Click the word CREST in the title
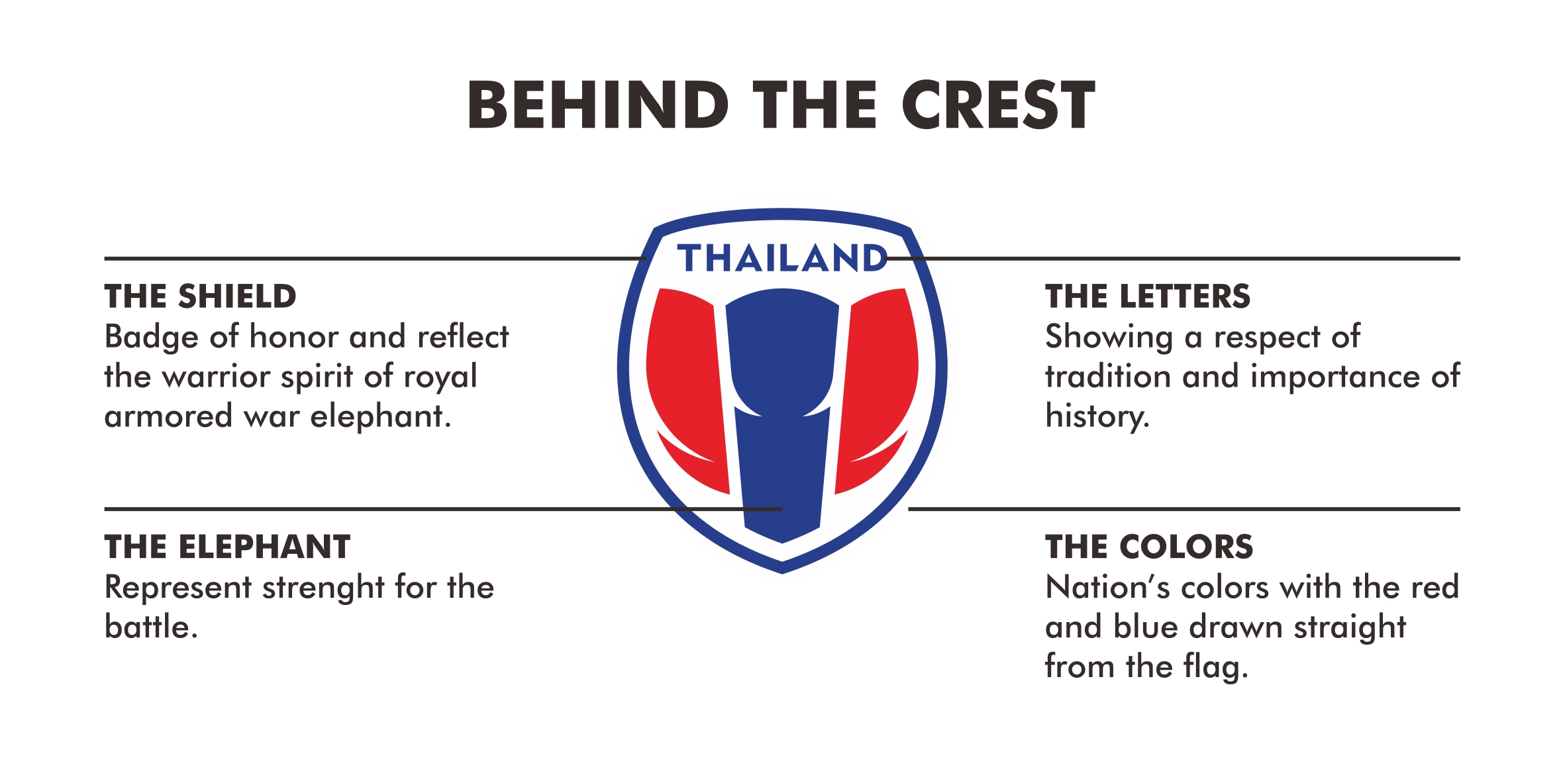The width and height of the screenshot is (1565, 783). tap(998, 105)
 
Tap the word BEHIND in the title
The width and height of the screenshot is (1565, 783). tap(598, 105)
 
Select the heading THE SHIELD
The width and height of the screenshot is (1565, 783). tap(200, 296)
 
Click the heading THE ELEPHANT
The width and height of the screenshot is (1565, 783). tap(227, 547)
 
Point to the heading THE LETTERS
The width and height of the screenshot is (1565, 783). tap(1148, 296)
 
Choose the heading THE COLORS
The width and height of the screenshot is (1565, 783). tap(1149, 547)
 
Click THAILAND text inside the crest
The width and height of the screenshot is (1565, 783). tap(782, 258)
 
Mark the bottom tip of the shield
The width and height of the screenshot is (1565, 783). tap(782, 573)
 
